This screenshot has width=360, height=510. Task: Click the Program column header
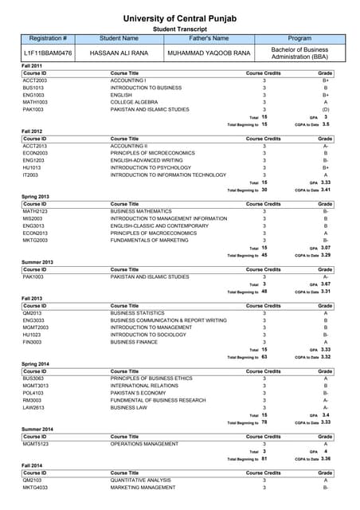point(299,38)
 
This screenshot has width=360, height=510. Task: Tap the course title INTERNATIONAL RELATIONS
point(144,386)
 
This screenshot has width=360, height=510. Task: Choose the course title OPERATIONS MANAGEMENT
point(144,444)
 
